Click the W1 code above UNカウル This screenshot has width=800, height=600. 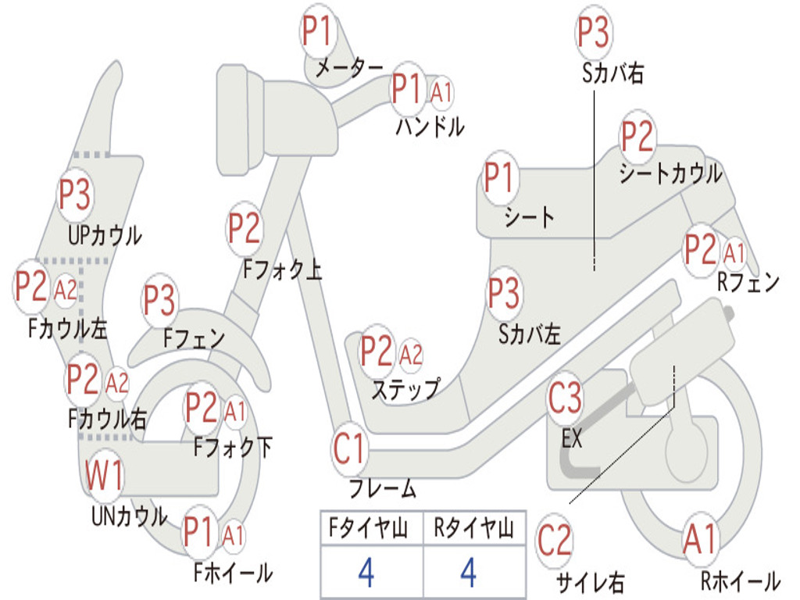point(104,474)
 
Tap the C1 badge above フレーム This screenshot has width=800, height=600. point(349,448)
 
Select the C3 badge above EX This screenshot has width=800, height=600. point(565,398)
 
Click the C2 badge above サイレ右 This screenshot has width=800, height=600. point(555,541)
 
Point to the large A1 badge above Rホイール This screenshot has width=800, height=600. point(701,540)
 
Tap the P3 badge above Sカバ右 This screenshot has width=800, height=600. point(594,31)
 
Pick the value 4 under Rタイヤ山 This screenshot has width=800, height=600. point(469,573)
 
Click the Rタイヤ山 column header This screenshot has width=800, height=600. point(473,528)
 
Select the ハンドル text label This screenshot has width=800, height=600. point(430,126)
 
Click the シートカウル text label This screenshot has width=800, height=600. point(670,173)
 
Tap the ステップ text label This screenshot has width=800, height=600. point(405,390)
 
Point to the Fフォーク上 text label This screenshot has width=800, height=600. point(282,269)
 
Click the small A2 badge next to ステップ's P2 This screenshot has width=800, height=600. point(411,355)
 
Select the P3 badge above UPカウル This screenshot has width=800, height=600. point(75,195)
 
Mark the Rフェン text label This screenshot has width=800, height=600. point(748,282)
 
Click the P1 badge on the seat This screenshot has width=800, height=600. point(498,177)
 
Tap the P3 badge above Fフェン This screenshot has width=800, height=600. point(159,300)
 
